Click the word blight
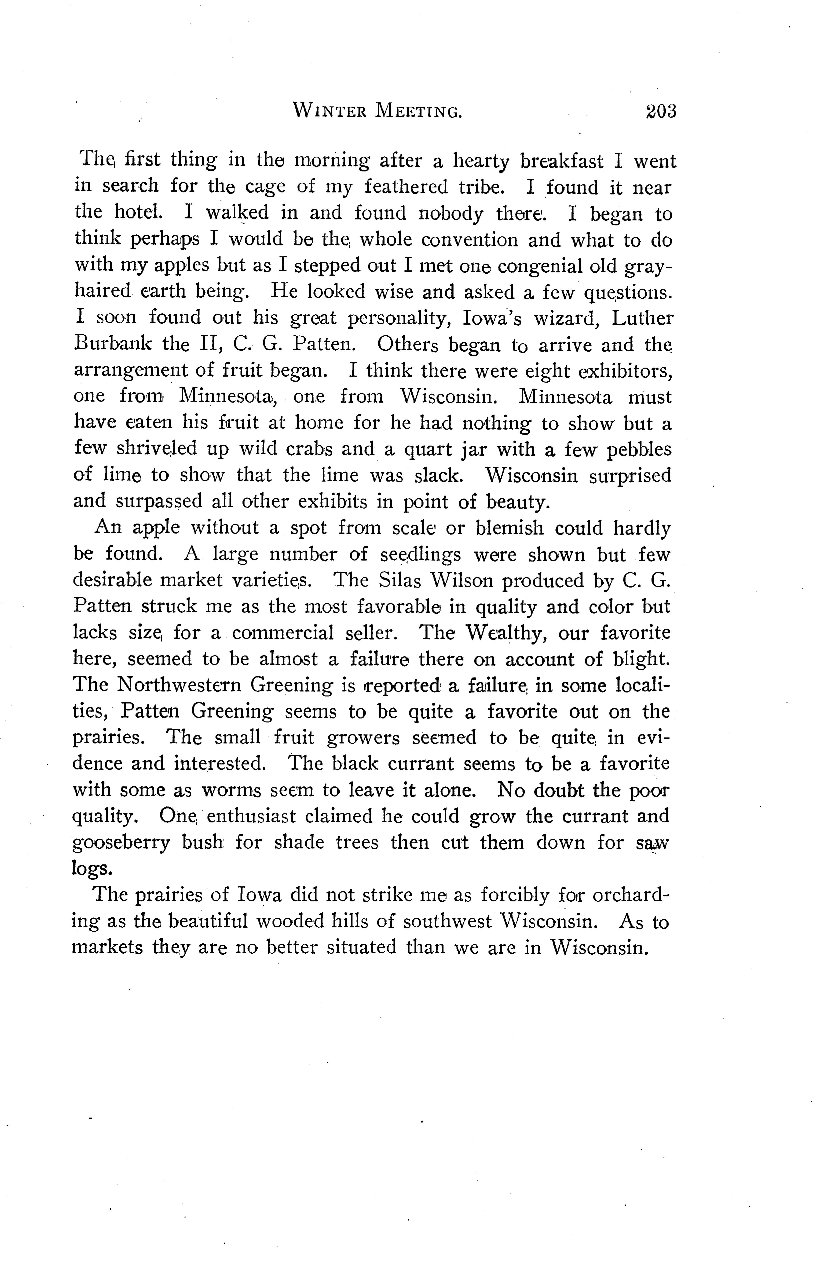[x=641, y=659]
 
